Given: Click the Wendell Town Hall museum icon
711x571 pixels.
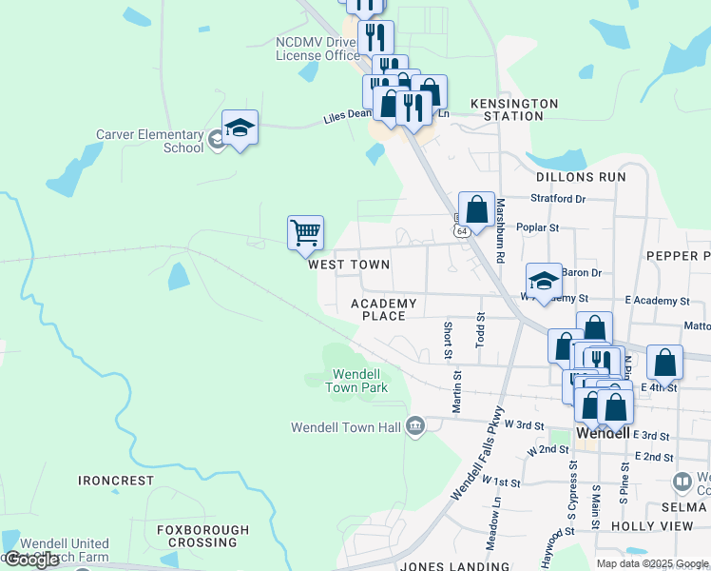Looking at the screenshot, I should pyautogui.click(x=415, y=426).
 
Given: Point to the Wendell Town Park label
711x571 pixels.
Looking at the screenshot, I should pyautogui.click(x=356, y=381).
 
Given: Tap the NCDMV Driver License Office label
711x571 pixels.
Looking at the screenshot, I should pyautogui.click(x=317, y=49).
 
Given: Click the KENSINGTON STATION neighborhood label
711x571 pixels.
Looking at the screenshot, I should pyautogui.click(x=514, y=109).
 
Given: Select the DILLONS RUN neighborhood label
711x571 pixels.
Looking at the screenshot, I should pyautogui.click(x=581, y=177).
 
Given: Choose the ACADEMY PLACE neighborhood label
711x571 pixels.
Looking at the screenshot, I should pyautogui.click(x=384, y=309).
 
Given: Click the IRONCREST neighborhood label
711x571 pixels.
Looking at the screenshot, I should pyautogui.click(x=116, y=481).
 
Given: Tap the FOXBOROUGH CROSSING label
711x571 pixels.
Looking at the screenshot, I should pyautogui.click(x=203, y=536).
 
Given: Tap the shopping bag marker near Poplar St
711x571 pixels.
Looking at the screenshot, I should pyautogui.click(x=476, y=209).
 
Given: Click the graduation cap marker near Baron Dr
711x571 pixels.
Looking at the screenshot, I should pyautogui.click(x=544, y=281).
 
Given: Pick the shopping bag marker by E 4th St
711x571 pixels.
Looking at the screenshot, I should pyautogui.click(x=664, y=363).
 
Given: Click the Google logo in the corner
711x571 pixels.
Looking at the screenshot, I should pyautogui.click(x=31, y=560).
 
